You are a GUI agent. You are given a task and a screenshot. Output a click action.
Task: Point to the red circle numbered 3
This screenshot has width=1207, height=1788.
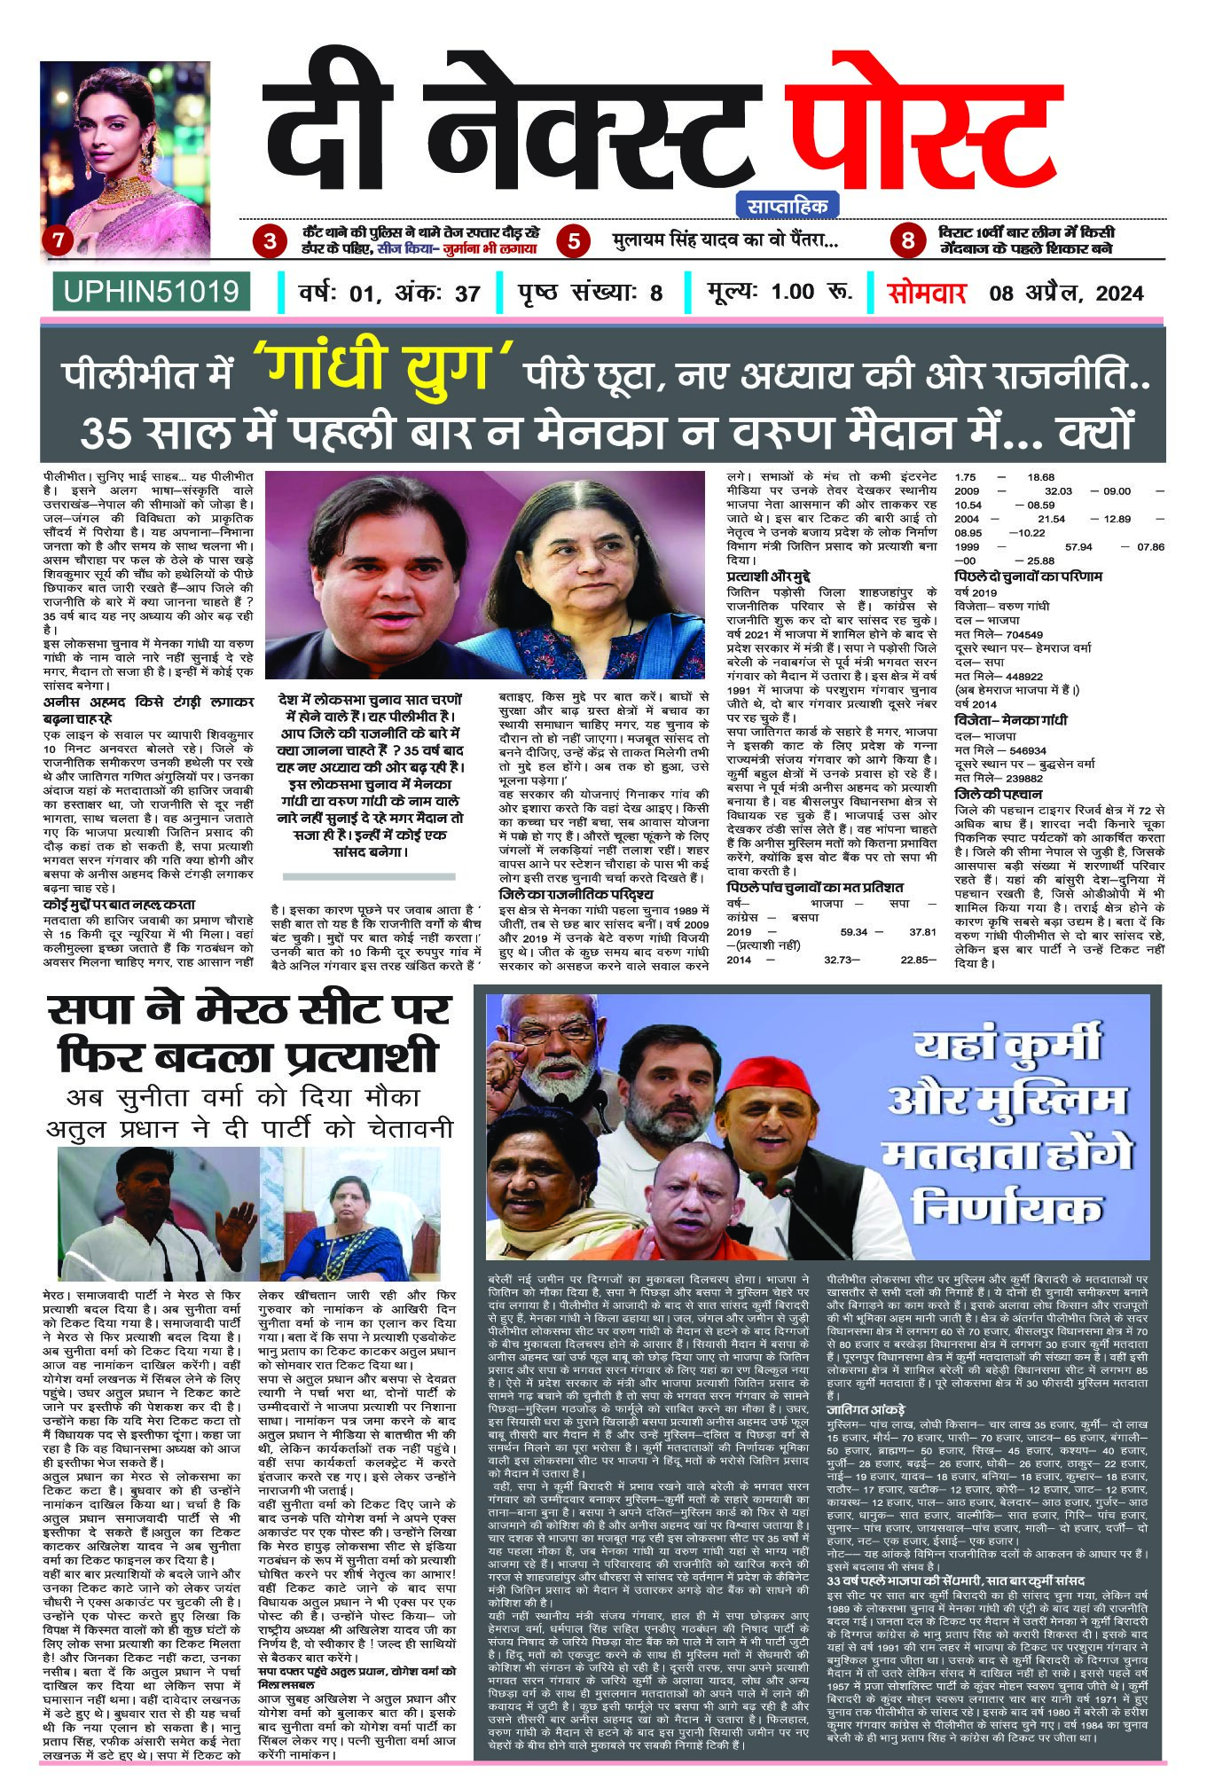click(269, 240)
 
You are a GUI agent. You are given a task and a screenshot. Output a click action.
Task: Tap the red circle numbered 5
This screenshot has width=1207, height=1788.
click(576, 240)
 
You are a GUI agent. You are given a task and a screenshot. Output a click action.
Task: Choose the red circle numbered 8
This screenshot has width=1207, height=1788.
click(907, 240)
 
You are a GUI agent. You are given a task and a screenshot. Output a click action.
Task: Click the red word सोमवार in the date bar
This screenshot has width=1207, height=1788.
click(927, 292)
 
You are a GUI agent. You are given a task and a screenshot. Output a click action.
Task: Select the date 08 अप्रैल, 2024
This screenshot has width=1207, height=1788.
click(1067, 293)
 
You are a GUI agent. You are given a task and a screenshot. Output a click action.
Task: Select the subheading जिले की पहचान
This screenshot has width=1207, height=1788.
click(999, 794)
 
